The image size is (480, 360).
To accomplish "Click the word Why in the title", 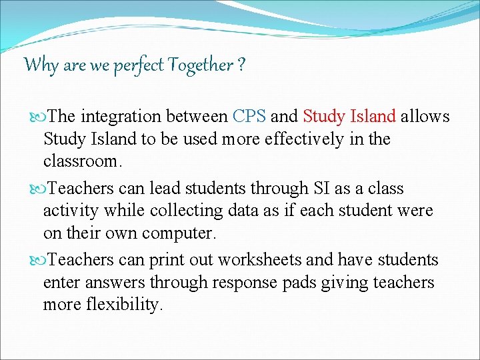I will tap(42, 65).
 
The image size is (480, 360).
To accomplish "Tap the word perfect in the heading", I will tap(137, 65).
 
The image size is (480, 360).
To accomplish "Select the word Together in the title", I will tap(200, 65).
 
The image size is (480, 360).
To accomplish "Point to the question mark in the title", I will tap(241, 65).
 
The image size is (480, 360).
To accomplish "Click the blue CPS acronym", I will tap(249, 117).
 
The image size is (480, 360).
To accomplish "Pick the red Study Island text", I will tap(349, 117).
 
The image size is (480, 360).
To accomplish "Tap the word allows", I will tap(426, 117).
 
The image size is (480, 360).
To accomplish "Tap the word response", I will tap(244, 283).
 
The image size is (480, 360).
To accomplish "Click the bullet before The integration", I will tap(39, 117).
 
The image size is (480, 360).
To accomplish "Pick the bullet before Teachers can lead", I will tap(39, 189).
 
